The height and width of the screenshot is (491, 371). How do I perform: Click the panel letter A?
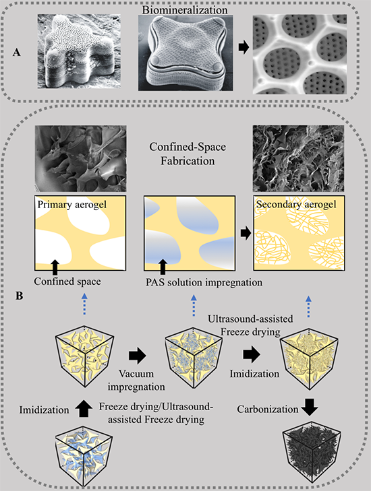tap(17, 52)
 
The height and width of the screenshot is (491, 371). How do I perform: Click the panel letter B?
tap(20, 296)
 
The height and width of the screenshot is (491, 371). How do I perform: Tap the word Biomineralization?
tap(185, 9)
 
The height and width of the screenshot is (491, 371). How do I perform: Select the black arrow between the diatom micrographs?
tap(244, 48)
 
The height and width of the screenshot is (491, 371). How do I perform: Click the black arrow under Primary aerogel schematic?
tap(55, 267)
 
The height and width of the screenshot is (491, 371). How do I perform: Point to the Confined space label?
tap(67, 282)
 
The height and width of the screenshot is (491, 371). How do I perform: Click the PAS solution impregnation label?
tap(204, 282)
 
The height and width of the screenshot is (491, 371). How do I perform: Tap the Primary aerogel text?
tap(72, 205)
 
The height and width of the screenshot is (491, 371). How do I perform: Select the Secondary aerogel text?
tap(296, 205)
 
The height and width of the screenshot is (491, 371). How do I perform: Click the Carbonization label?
tap(268, 410)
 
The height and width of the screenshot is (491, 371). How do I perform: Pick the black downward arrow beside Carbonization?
tap(310, 407)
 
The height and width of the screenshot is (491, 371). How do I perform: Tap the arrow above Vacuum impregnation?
tap(138, 356)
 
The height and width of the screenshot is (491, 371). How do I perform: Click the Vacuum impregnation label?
tap(136, 380)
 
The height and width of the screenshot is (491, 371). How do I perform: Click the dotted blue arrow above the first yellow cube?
tap(84, 304)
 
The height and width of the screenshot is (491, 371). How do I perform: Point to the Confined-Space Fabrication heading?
tap(188, 154)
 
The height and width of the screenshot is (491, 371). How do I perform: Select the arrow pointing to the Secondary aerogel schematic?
tap(246, 233)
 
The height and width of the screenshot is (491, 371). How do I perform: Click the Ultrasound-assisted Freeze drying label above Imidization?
tap(250, 325)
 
